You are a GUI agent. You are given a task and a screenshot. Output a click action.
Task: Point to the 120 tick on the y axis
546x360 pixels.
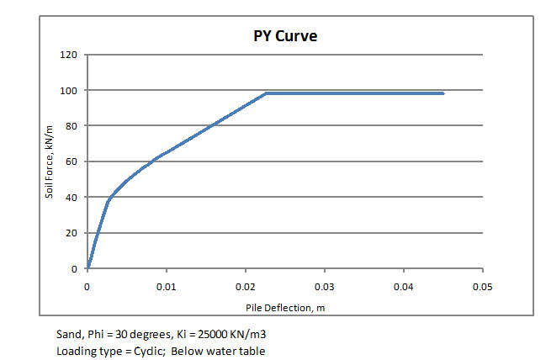tap(69, 55)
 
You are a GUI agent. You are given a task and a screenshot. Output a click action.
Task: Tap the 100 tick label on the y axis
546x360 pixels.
tap(69, 91)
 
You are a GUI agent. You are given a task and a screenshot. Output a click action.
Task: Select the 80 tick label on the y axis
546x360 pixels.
tap(72, 126)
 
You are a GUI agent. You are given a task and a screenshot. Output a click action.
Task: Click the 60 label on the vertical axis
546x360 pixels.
tap(72, 161)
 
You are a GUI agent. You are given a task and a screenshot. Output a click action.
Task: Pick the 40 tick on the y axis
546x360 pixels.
tap(72, 198)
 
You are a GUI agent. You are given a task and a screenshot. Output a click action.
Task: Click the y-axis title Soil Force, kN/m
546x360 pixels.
tap(50, 162)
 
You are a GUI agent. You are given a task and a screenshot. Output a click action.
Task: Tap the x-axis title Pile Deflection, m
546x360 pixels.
tap(285, 307)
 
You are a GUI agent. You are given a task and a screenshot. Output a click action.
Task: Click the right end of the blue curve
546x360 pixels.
tap(443, 93)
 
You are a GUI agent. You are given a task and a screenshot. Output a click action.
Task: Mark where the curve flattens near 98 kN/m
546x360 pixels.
tap(266, 93)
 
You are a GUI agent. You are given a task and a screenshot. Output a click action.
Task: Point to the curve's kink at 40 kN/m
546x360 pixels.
tap(109, 199)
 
